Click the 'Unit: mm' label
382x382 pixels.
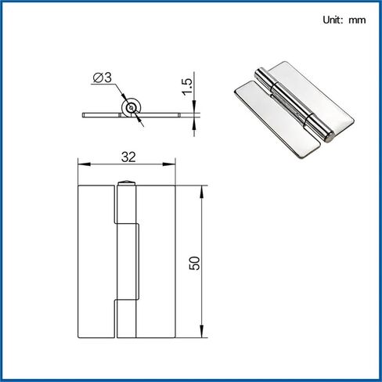344,20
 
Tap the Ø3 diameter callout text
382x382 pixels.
103,77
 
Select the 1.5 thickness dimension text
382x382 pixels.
187,87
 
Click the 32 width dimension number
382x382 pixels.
128,157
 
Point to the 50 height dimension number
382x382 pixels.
195,263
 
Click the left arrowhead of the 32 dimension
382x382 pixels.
85,164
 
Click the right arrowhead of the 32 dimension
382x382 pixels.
169,164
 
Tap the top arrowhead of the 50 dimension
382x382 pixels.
201,192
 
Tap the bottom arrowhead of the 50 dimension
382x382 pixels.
201,331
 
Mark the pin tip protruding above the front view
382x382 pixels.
126,182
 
